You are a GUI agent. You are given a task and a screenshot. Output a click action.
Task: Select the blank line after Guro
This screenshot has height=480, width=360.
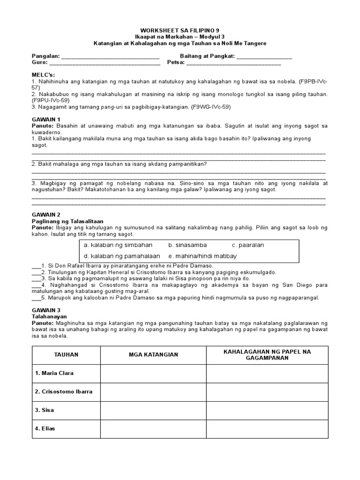point(104,63)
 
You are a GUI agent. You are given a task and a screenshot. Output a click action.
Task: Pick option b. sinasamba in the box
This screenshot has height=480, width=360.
point(187,245)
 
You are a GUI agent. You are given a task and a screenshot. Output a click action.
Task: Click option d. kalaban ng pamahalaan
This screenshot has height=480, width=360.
point(121,256)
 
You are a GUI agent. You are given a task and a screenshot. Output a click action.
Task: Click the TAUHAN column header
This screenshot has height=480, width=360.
point(66,355)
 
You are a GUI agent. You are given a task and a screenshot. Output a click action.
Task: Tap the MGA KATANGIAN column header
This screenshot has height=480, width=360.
point(153,355)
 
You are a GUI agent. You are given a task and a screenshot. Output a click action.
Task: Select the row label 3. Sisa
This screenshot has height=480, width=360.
point(45,410)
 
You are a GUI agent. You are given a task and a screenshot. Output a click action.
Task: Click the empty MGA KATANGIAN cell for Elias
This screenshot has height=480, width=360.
point(153,428)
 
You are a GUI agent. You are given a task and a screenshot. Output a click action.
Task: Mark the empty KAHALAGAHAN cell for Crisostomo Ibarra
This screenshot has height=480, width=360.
point(268,392)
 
